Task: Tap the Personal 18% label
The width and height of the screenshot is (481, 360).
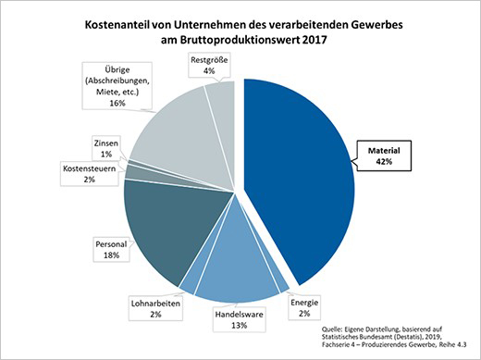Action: pos(112,249)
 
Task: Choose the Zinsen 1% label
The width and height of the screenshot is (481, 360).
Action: pos(105,148)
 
